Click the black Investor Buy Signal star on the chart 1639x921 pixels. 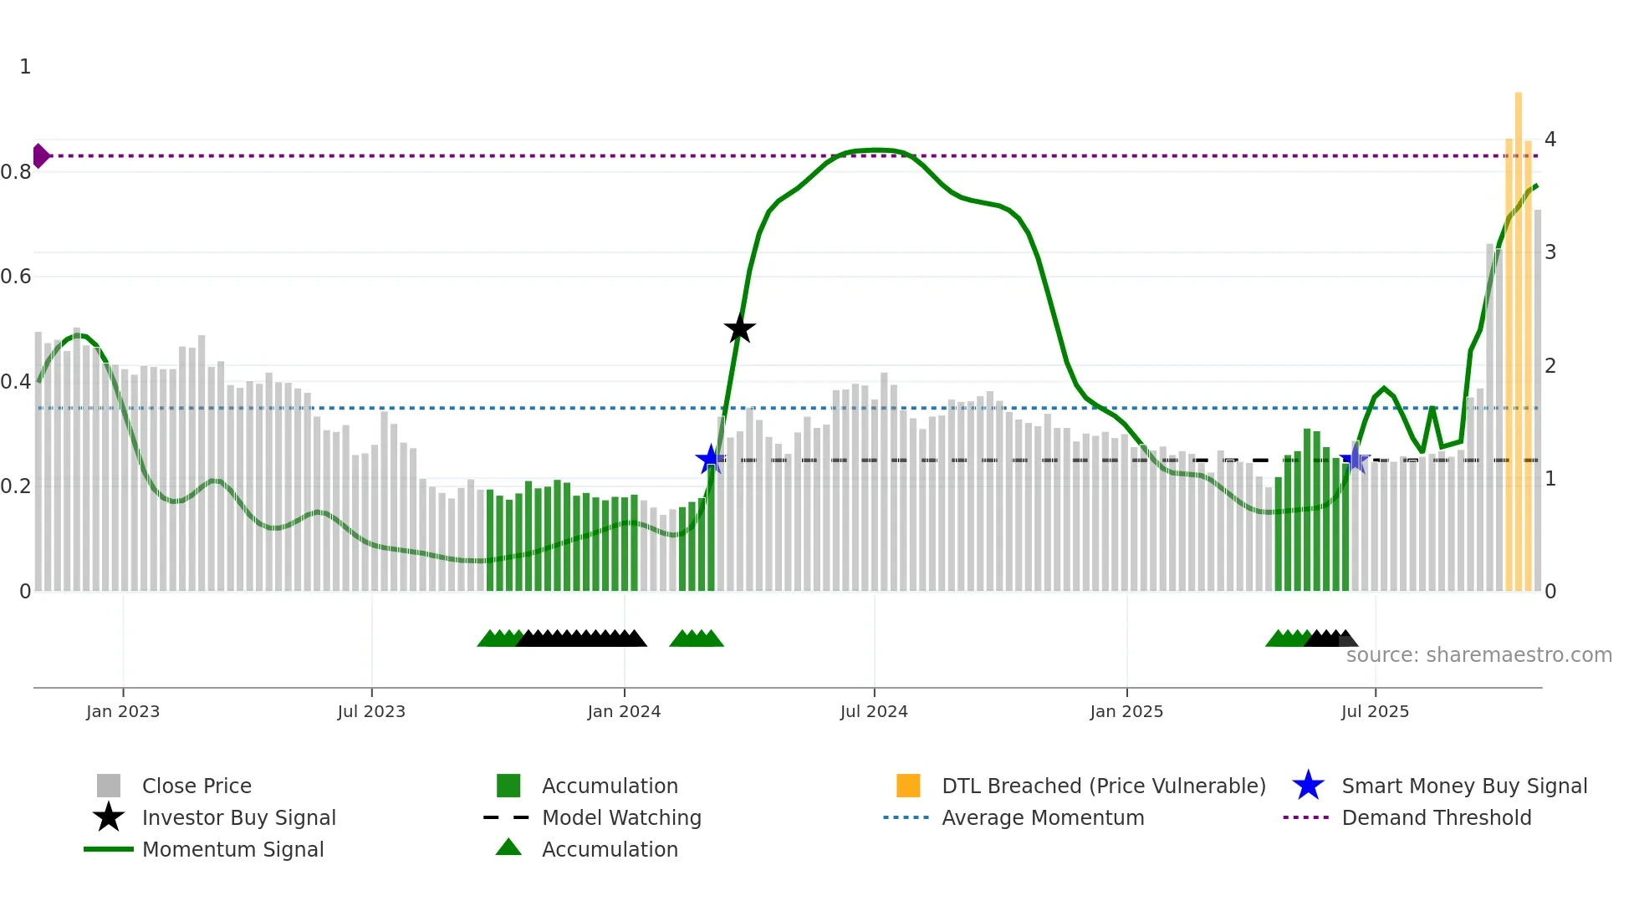pos(739,328)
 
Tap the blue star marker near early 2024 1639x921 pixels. pos(711,459)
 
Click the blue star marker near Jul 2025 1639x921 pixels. pos(1355,460)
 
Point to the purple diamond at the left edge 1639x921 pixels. pos(40,155)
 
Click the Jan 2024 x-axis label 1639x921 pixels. pos(624,711)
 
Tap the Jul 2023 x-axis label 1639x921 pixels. pos(371,711)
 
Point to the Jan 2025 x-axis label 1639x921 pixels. pos(1126,711)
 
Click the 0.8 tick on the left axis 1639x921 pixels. pos(16,172)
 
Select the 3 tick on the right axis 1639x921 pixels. pos(1550,252)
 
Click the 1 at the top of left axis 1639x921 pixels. pos(25,67)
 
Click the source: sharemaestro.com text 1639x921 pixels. pos(1478,655)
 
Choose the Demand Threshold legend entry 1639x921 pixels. pos(1436,817)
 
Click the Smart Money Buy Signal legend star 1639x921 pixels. pos(1308,786)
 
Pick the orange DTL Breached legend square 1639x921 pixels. pos(908,786)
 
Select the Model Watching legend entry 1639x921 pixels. pos(621,817)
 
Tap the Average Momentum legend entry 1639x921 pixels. pos(1042,817)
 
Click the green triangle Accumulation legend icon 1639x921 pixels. pos(508,848)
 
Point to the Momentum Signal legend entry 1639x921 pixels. pos(232,849)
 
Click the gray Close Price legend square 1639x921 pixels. pos(109,786)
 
